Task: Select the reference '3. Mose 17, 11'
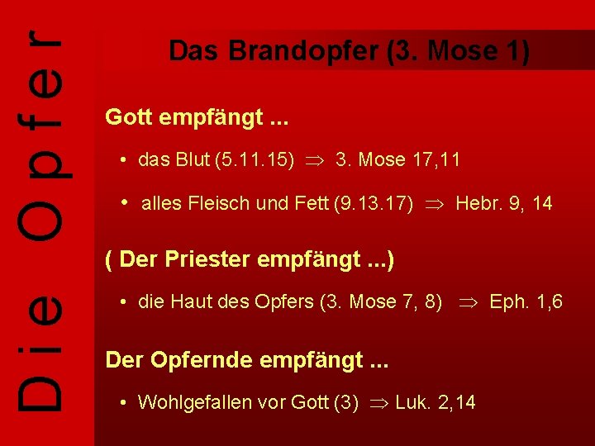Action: tap(397, 160)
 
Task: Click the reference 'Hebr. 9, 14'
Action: tap(504, 204)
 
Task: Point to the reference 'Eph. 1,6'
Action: tap(526, 302)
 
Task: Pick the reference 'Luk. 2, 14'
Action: tap(436, 403)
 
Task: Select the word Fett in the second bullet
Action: tap(307, 204)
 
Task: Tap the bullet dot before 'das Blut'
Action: tap(122, 160)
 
